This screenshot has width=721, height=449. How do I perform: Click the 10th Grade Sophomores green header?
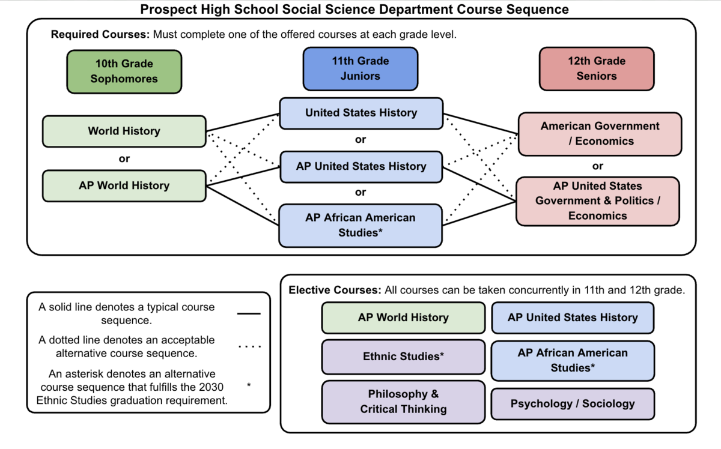point(124,71)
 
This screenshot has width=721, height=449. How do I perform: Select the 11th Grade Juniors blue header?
point(360,68)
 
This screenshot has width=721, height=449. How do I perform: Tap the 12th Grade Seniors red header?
point(596,68)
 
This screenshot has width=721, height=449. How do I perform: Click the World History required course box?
point(124,131)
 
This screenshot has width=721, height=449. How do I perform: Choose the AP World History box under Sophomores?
point(124,185)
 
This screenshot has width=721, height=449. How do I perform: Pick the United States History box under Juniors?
point(360,113)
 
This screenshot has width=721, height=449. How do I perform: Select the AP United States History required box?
point(360,166)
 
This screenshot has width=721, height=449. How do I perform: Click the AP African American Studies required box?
point(360,225)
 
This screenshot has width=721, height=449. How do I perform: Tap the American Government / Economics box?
point(600,133)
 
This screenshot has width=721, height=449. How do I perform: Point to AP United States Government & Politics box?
point(597,201)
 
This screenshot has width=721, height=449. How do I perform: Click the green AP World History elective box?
point(403,318)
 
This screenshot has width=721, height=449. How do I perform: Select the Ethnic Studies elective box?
point(403,357)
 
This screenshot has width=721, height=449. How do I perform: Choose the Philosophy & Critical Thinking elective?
point(403,402)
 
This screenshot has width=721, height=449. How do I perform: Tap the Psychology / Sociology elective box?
point(573,403)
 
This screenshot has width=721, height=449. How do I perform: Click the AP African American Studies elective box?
point(573,361)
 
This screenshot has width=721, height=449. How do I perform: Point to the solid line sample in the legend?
point(249,313)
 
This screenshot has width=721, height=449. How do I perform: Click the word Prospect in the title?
point(168,10)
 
